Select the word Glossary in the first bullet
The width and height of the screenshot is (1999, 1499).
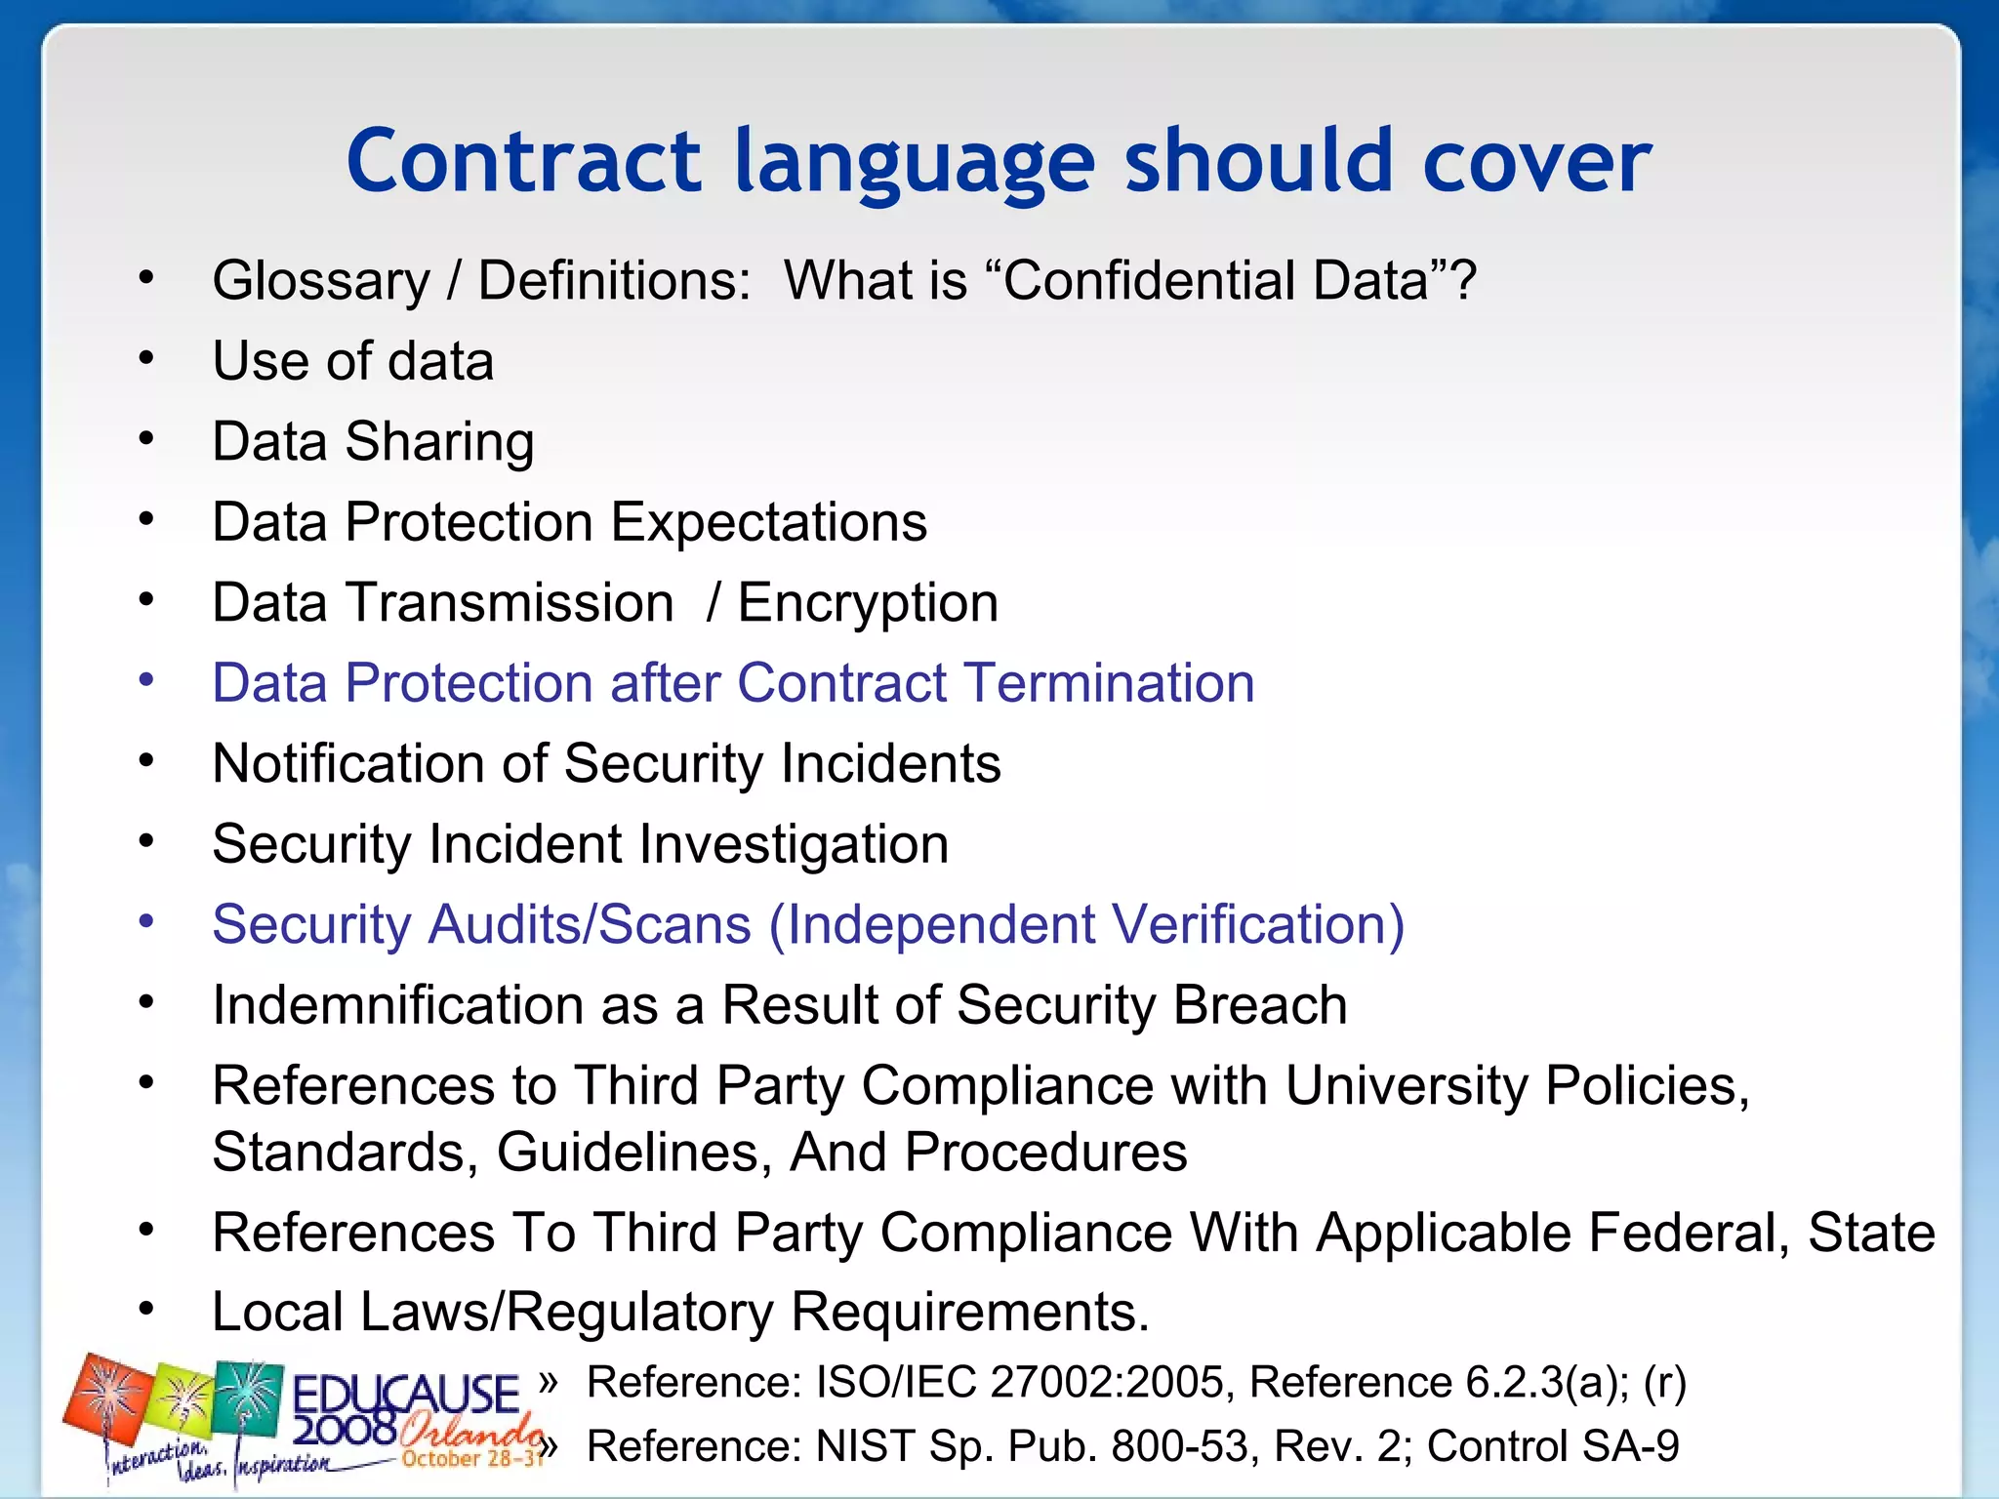click(x=321, y=281)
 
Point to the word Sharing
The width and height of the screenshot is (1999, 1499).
click(x=439, y=442)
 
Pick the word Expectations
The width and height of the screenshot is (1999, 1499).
click(x=768, y=522)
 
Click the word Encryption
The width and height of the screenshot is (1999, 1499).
click(x=868, y=603)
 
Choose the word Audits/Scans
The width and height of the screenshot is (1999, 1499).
click(x=590, y=924)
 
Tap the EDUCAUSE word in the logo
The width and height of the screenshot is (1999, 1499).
click(x=405, y=1394)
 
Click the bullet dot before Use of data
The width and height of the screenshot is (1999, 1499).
click(x=146, y=359)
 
